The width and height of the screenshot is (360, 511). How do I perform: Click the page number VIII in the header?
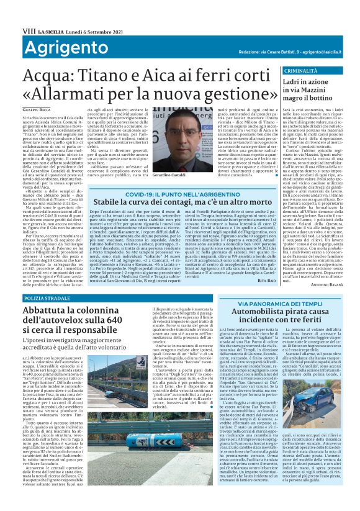(x=12, y=12)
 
